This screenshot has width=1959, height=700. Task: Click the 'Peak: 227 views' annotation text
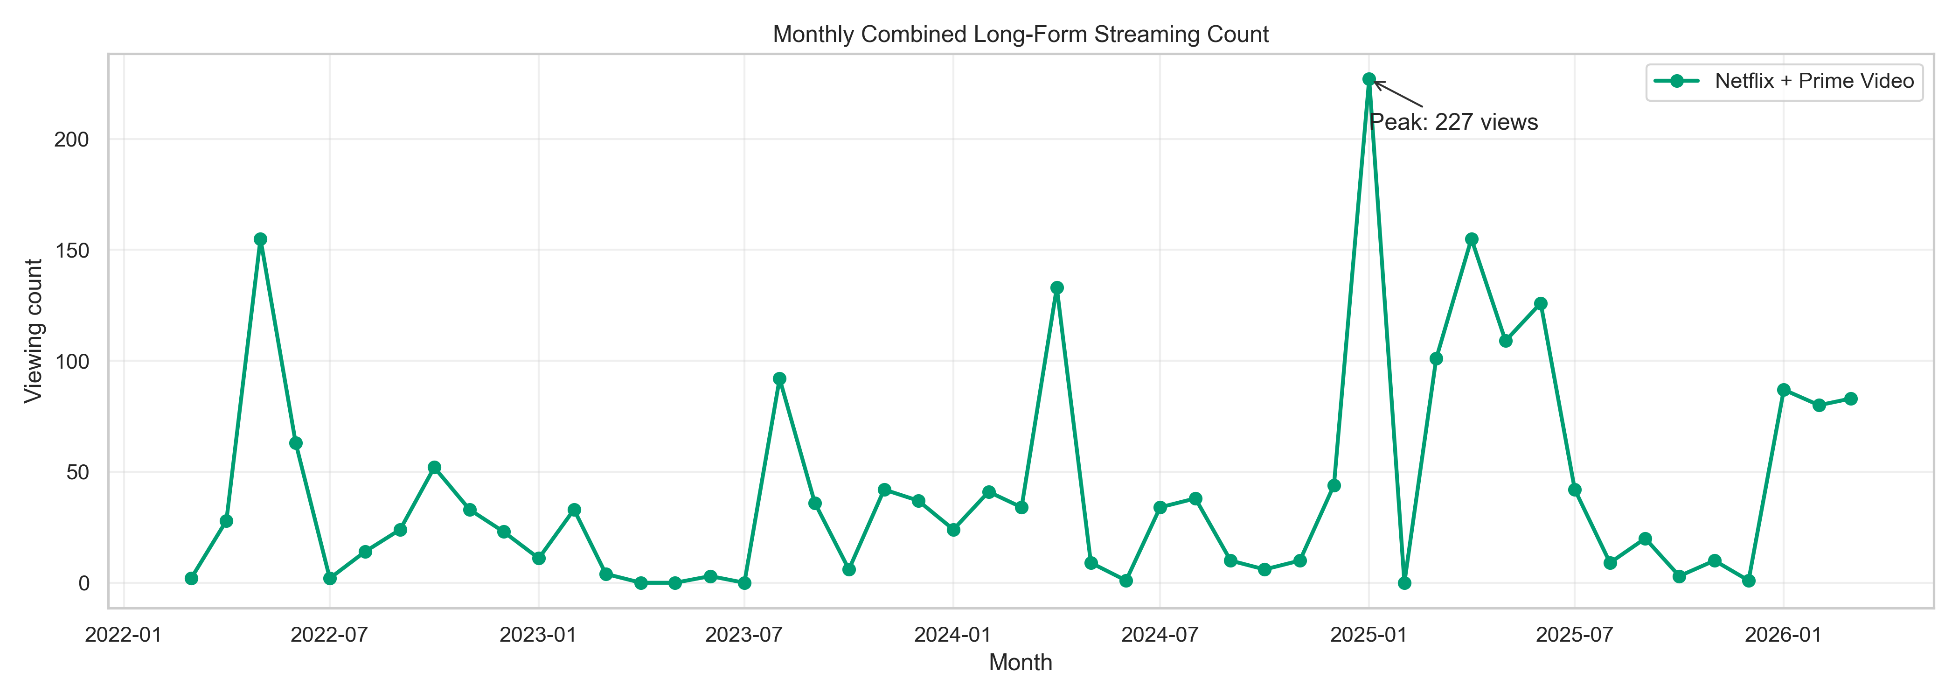[1453, 122]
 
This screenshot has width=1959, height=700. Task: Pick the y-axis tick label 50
[77, 472]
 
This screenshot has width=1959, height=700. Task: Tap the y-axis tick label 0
[83, 584]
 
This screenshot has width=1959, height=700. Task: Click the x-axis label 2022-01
[123, 635]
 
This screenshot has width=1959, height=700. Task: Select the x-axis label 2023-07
[744, 635]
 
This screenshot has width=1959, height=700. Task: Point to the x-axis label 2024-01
[953, 635]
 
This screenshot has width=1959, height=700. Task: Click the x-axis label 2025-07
[1574, 635]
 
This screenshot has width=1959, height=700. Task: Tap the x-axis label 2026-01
[1783, 635]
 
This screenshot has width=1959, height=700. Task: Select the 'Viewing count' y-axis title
[34, 331]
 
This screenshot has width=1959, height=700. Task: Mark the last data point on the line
[1851, 399]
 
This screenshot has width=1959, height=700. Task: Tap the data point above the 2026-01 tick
[1783, 390]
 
